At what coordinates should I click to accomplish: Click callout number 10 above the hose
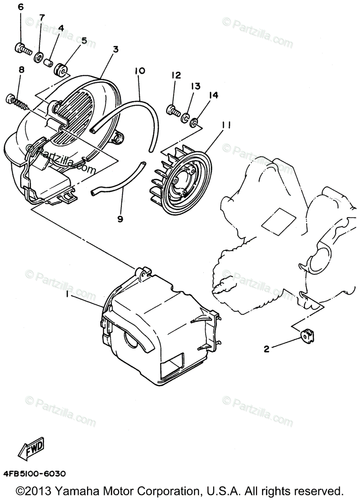pyautogui.click(x=140, y=71)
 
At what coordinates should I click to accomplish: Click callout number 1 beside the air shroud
pyautogui.click(x=66, y=295)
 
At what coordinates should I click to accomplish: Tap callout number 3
pyautogui.click(x=115, y=49)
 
